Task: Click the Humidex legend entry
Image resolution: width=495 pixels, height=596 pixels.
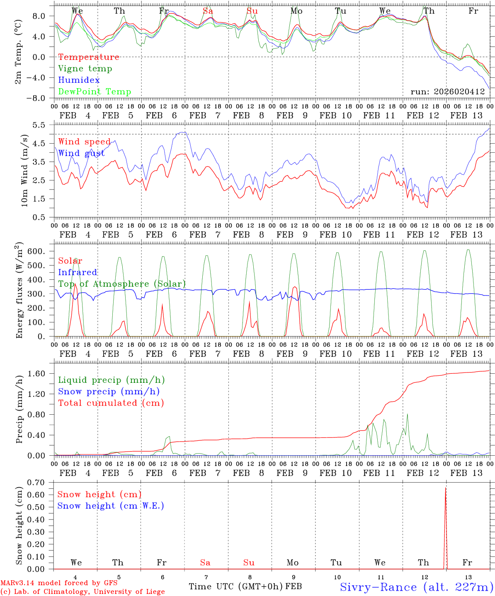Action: click(x=79, y=80)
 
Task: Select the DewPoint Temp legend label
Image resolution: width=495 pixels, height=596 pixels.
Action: click(x=95, y=92)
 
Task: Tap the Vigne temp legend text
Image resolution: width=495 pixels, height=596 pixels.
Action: click(x=85, y=69)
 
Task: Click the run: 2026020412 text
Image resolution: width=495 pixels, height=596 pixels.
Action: click(x=447, y=92)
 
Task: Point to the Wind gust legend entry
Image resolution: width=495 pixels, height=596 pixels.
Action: click(x=81, y=153)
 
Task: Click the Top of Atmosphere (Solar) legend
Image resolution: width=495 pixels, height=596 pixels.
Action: click(x=122, y=284)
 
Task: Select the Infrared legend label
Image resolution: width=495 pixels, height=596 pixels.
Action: click(x=78, y=272)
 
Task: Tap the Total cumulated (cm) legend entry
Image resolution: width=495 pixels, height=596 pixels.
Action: click(x=111, y=403)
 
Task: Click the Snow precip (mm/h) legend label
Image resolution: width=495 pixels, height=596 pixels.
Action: click(x=109, y=392)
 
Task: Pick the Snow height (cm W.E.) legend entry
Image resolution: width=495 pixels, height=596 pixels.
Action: click(x=110, y=506)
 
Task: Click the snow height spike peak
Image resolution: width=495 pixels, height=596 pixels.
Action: click(x=446, y=488)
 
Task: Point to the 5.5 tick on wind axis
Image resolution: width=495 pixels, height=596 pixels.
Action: click(x=42, y=125)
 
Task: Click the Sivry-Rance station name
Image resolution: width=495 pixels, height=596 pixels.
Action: click(x=416, y=587)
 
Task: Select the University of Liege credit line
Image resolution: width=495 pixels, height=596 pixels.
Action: click(x=82, y=591)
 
